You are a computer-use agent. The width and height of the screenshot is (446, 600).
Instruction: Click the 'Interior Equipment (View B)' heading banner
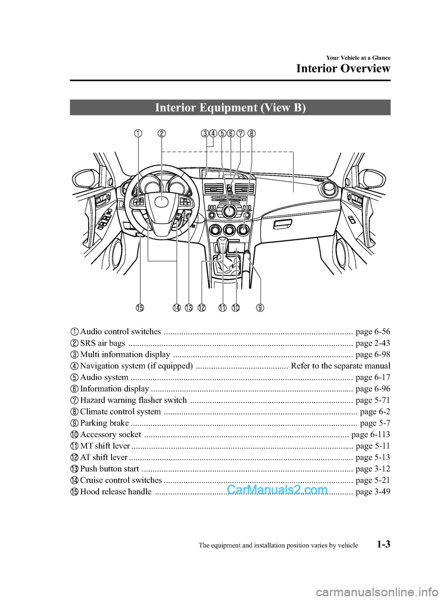[230, 108]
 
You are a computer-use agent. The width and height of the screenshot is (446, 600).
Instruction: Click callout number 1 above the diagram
[138, 134]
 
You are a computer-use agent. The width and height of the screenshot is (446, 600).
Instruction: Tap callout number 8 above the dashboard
[251, 134]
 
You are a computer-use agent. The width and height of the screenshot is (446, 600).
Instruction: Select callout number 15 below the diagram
[140, 308]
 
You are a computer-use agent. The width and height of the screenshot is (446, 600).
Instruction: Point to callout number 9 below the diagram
[260, 308]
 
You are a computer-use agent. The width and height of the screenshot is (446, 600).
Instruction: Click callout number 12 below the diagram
[201, 308]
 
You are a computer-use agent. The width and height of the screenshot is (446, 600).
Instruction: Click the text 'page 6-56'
[373, 331]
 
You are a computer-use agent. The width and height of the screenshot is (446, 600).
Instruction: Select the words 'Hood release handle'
[116, 491]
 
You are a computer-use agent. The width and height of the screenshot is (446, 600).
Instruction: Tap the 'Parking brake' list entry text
[105, 423]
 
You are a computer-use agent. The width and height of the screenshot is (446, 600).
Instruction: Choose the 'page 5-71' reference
[373, 400]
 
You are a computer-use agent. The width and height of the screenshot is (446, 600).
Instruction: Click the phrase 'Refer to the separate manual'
[341, 366]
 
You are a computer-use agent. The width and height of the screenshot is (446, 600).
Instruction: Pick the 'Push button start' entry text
[110, 469]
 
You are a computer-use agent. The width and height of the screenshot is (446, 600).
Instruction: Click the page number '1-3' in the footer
[381, 544]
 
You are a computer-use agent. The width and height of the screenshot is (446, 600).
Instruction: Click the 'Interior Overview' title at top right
[343, 69]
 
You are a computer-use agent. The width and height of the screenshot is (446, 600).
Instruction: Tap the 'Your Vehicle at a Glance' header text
[358, 58]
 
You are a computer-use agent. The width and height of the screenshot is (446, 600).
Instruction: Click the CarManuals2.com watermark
[277, 490]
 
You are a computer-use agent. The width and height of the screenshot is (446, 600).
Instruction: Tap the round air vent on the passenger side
[330, 189]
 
